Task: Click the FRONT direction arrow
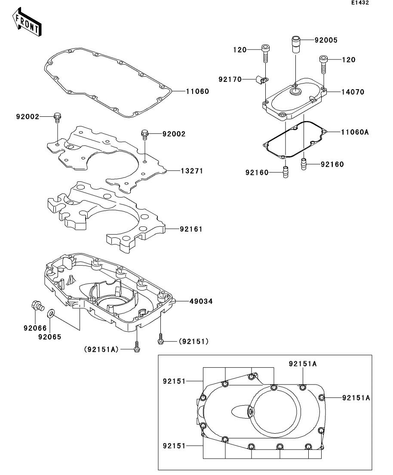(27, 22)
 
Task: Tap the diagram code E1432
(360, 3)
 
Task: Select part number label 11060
(197, 91)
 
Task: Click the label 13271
(192, 171)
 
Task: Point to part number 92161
(191, 230)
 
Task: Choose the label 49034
(201, 301)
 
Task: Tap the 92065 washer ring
(51, 313)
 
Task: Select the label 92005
(326, 40)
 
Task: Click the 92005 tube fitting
(295, 44)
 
